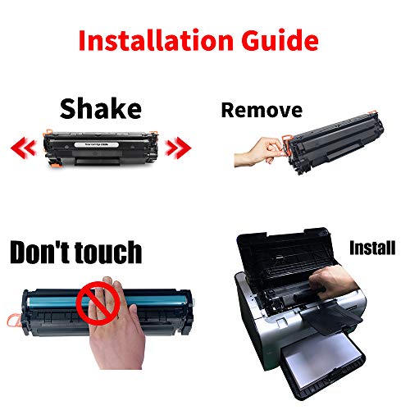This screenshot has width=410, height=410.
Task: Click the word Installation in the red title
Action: [156, 40]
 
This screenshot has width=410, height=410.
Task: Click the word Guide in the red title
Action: [280, 40]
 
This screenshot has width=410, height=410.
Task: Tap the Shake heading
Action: [101, 109]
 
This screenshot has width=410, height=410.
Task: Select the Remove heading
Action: [262, 110]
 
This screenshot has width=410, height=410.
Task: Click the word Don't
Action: [40, 252]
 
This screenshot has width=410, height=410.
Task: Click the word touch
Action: [108, 253]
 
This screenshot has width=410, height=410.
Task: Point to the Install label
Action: [372, 248]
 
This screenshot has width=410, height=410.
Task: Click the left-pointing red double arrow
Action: [24, 148]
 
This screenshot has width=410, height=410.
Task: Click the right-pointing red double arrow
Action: [178, 148]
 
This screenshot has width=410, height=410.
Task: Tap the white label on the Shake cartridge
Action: [97, 144]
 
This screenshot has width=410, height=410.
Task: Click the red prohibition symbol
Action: [98, 303]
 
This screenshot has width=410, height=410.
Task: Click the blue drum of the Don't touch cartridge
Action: [109, 301]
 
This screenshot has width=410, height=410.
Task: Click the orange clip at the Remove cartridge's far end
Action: [373, 112]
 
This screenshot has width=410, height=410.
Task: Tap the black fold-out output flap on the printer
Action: [332, 317]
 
